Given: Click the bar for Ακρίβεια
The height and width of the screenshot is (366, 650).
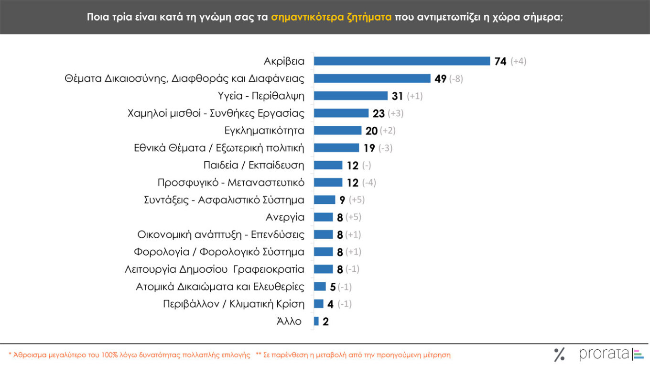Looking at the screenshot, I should click(x=401, y=61).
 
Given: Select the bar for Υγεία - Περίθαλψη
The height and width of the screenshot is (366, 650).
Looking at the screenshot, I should click(x=350, y=96).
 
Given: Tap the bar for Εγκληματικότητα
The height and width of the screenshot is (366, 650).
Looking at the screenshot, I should click(x=337, y=131).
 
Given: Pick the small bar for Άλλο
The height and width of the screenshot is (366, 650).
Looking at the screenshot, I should click(x=316, y=321).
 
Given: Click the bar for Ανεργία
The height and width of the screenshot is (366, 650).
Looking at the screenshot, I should click(x=323, y=217).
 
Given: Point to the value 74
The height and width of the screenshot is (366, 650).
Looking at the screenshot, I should click(x=500, y=62).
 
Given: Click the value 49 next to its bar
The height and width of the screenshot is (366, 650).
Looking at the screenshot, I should click(x=440, y=79).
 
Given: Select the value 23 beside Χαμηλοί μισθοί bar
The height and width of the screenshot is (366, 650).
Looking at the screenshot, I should click(x=378, y=113).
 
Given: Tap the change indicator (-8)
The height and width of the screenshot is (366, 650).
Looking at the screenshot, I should click(x=456, y=79).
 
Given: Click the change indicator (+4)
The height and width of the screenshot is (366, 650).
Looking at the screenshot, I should click(x=518, y=61).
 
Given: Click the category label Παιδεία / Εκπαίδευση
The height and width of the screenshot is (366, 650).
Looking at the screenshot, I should click(x=254, y=165).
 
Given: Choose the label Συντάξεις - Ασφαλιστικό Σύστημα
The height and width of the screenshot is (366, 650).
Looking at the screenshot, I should click(x=224, y=200).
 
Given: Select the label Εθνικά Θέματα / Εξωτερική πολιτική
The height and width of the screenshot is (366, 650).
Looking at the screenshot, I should click(x=219, y=148).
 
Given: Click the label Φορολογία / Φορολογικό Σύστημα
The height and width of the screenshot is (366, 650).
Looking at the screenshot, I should click(x=219, y=252).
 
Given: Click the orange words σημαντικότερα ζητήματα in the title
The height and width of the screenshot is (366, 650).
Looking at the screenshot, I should click(x=331, y=17).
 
